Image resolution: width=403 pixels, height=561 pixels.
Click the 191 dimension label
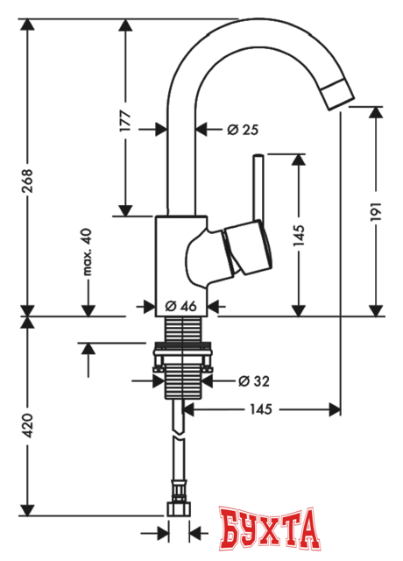click(377, 211)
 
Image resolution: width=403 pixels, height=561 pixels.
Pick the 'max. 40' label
click(88, 252)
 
